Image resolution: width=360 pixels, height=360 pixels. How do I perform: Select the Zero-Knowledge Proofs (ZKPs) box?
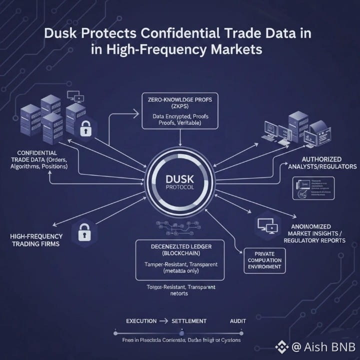[x=180, y=110]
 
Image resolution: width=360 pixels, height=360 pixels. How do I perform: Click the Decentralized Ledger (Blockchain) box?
[x=180, y=259]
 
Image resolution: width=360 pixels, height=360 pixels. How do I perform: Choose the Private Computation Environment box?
[x=264, y=260]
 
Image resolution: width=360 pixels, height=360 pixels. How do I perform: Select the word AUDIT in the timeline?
[x=238, y=320]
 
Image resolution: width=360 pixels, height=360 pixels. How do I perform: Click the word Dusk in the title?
[x=62, y=35]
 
